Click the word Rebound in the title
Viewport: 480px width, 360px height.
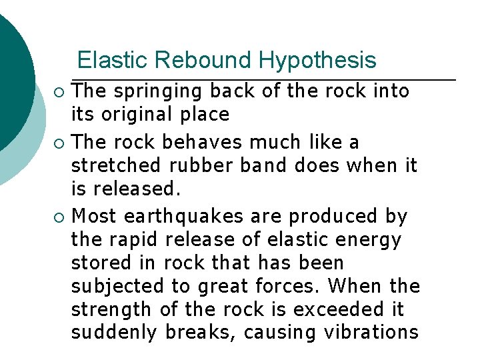[x=204, y=61]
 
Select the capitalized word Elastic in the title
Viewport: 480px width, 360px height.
[x=113, y=61]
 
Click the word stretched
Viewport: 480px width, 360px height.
[x=114, y=165]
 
